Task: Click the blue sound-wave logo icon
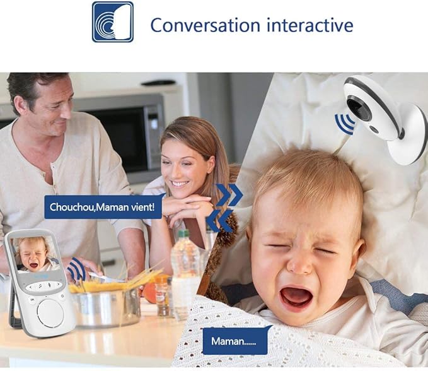point(113,22)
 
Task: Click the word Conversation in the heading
point(204,25)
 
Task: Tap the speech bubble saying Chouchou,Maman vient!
point(103,206)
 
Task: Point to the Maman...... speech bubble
point(235,340)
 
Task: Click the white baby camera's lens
point(360,108)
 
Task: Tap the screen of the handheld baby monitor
point(37,254)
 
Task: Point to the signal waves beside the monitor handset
point(77,269)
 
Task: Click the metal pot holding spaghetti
point(105,306)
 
